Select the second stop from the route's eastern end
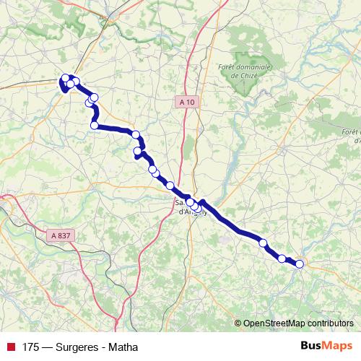click(282, 258)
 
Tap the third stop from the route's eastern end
click(264, 243)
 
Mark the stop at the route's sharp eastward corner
click(95, 126)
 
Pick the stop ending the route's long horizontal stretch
click(135, 134)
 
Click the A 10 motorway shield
click(186, 103)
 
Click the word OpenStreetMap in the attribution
click(274, 323)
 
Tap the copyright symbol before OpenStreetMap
click(238, 323)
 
